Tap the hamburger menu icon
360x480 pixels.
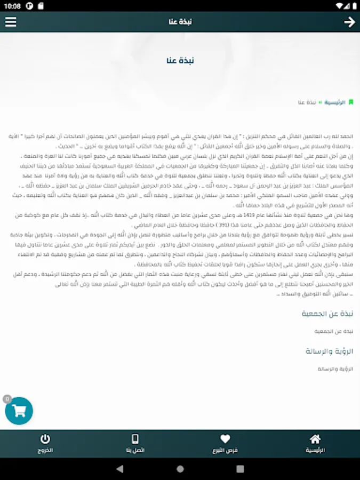[11, 22]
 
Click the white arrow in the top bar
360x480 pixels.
[349, 22]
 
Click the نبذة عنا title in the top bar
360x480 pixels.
[180, 22]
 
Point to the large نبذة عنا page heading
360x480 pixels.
[180, 60]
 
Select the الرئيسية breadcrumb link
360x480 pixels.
[334, 102]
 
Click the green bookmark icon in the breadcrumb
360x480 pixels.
[351, 102]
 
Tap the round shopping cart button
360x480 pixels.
[19, 411]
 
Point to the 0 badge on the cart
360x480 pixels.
[7, 398]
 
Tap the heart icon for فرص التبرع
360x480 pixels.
[225, 439]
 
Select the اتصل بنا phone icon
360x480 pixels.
[135, 439]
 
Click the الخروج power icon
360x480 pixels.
[45, 439]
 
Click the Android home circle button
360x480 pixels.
[180, 469]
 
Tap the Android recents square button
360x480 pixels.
[239, 469]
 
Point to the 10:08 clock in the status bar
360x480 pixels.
[12, 6]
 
